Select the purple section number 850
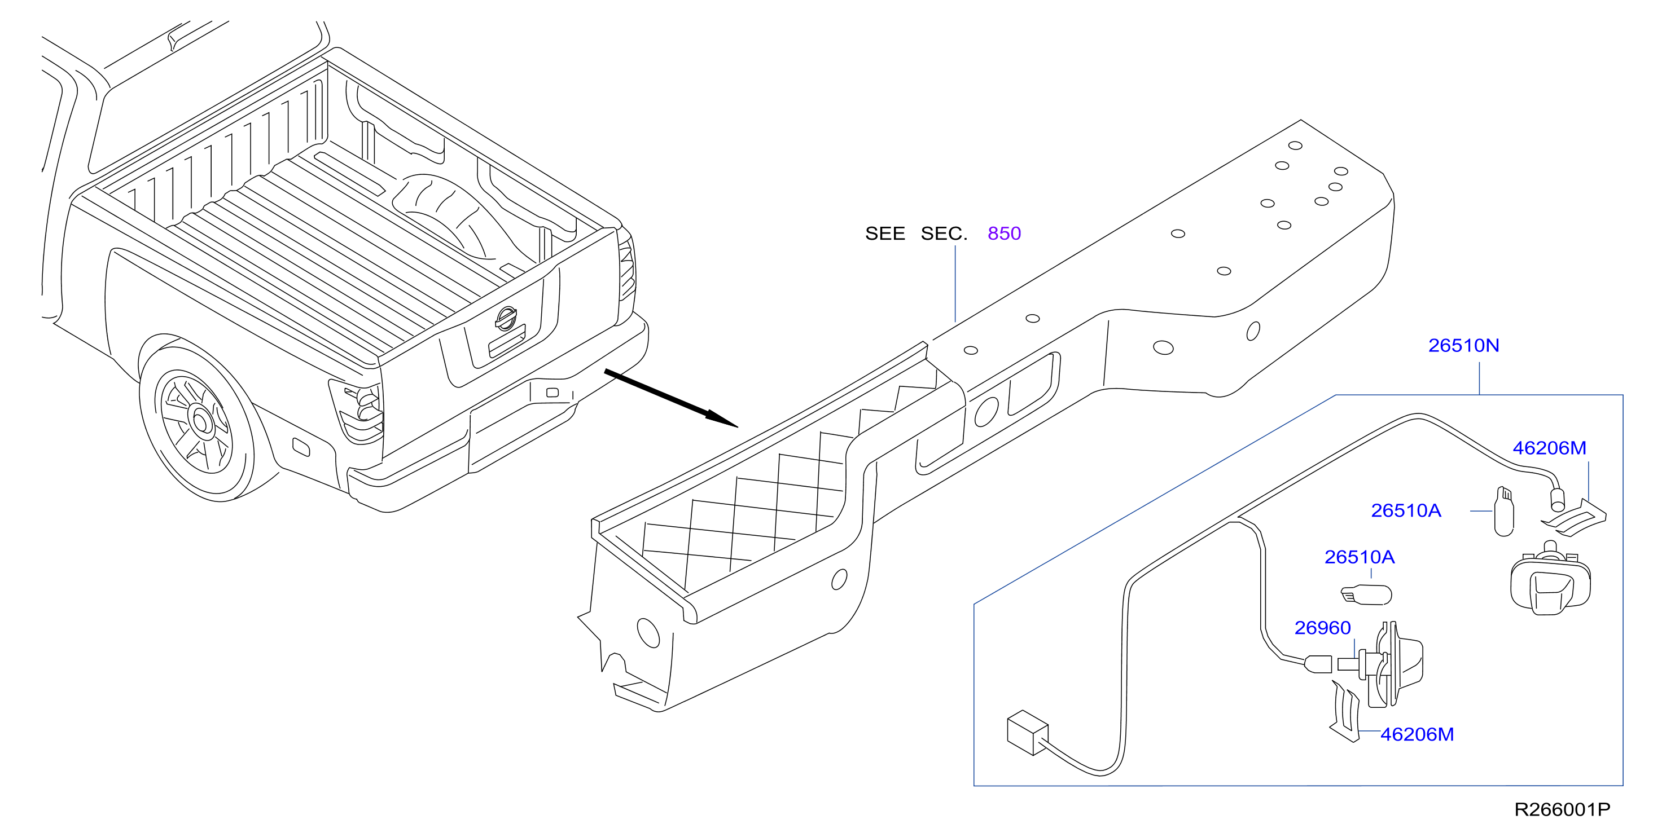1004,234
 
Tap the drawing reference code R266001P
1562,810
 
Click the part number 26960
1323,628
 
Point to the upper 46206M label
1550,448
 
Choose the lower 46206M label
1417,734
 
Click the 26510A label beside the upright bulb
1406,511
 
